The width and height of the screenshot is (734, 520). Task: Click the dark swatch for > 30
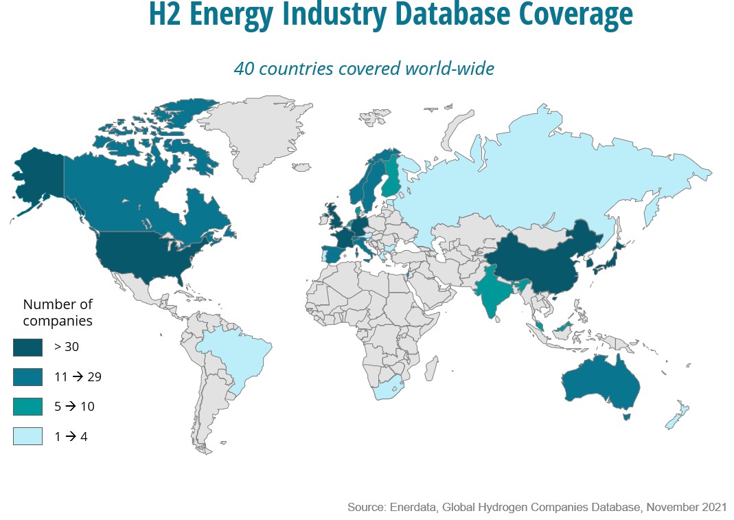coord(27,347)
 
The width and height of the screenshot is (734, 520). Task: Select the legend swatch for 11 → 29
coord(27,376)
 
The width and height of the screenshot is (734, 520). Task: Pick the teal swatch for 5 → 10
coord(27,406)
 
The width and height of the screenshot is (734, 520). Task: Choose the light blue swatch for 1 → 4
coord(27,436)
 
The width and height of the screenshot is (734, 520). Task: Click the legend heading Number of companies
coord(58,312)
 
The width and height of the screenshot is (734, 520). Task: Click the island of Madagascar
coord(432,368)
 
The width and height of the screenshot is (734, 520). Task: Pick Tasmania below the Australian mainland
coord(625,416)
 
